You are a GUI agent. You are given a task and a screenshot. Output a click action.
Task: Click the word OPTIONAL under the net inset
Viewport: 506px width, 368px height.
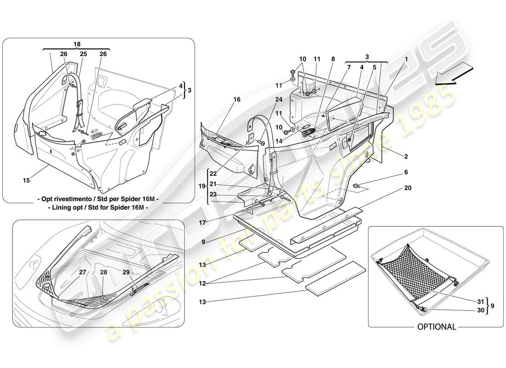[x=437, y=327]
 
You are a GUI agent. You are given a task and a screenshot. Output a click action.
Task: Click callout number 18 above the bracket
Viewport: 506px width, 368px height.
[x=77, y=44]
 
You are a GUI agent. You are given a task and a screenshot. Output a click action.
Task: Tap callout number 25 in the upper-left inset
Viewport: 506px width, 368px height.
[x=83, y=54]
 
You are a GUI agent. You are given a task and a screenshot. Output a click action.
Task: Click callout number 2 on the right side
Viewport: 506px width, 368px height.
[x=406, y=156]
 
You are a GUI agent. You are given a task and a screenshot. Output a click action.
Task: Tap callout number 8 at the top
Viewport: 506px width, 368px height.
[x=333, y=59]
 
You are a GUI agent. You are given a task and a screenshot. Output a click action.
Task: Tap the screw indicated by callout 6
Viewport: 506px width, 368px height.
[x=357, y=185]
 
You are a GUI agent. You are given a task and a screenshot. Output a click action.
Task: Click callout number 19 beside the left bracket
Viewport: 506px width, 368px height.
[x=201, y=187]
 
